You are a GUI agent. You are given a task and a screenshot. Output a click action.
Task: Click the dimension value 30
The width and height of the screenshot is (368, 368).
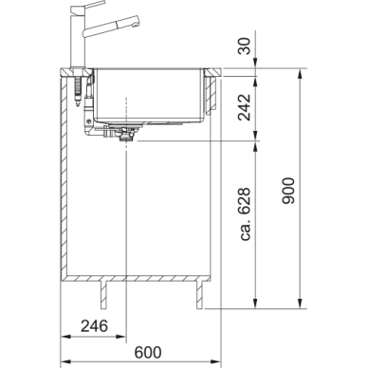point(245,46)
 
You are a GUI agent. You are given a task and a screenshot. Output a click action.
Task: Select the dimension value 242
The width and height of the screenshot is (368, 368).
point(245,107)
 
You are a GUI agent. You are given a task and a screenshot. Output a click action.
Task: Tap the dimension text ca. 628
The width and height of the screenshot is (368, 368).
point(246,214)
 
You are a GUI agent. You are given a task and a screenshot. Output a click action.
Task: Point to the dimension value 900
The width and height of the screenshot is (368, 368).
point(288,191)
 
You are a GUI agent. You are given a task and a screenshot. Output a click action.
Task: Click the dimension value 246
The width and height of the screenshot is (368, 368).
point(94,326)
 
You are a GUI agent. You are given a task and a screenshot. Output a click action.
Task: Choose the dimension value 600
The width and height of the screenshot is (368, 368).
point(148,352)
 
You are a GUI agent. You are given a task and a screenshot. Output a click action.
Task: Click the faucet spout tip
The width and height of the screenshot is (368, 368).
point(136,22)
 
